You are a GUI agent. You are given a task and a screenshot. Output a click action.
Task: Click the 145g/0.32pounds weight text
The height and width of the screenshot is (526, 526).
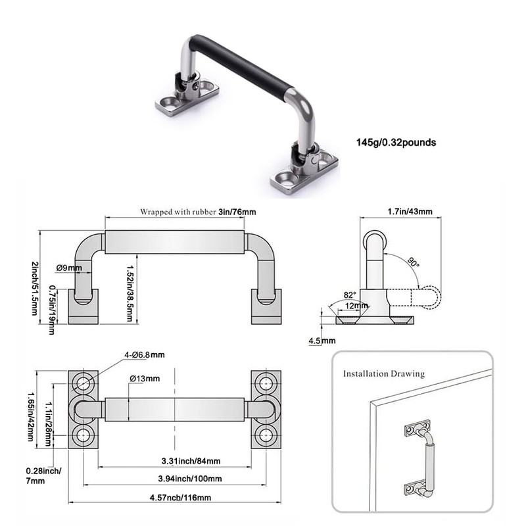point(396,141)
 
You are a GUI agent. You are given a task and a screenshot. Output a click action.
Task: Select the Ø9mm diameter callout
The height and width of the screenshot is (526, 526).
point(68,268)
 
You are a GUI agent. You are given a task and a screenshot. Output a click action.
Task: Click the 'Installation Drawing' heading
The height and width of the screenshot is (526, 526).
point(383,373)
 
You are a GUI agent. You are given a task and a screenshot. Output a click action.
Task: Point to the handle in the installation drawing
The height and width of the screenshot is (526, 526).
point(428,458)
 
